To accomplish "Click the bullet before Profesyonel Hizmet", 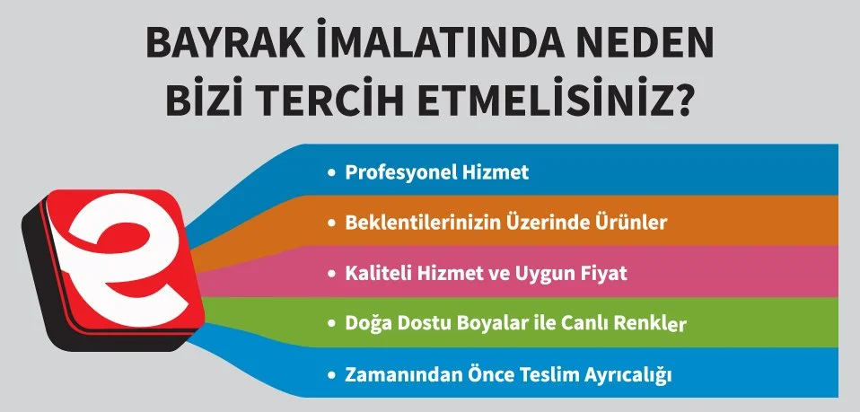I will [x=332, y=172].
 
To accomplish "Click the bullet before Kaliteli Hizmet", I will [x=332, y=273].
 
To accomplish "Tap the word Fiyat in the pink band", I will [x=603, y=273].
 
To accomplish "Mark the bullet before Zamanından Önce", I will [x=332, y=373].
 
